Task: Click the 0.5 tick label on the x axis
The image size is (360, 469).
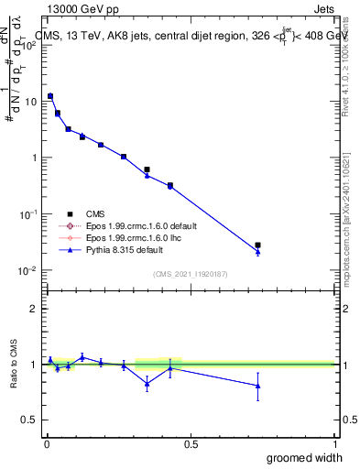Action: click(x=191, y=443)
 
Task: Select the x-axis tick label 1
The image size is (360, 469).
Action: click(x=334, y=443)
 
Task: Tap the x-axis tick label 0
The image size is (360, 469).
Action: click(x=47, y=443)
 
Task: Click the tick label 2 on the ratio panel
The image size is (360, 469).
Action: click(x=34, y=309)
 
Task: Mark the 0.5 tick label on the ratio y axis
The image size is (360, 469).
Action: click(x=29, y=420)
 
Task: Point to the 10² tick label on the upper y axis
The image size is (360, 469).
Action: click(x=29, y=46)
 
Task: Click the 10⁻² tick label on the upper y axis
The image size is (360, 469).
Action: click(x=29, y=270)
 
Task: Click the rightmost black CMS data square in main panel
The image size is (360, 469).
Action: click(x=257, y=245)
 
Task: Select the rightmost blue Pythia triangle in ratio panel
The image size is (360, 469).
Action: click(x=257, y=386)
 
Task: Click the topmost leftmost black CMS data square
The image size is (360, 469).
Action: click(x=50, y=96)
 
